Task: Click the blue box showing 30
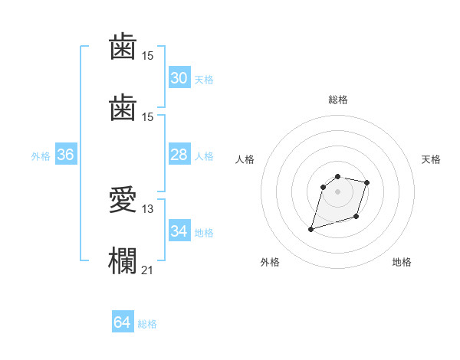(179, 78)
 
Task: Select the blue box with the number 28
(179, 155)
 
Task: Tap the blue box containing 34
(179, 231)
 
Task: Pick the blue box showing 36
(66, 155)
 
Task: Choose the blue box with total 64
(123, 322)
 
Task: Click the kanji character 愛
(123, 201)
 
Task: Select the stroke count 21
(148, 270)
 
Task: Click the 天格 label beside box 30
(204, 80)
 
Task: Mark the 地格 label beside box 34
(204, 233)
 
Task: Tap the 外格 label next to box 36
(41, 156)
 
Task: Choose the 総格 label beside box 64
(147, 324)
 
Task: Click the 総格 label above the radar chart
(338, 100)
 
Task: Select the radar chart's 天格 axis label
(431, 159)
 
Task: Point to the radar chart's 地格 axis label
(402, 262)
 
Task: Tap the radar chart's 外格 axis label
(270, 262)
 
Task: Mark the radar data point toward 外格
(311, 229)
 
